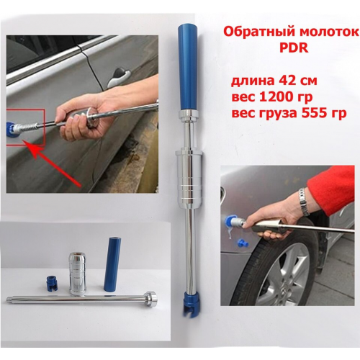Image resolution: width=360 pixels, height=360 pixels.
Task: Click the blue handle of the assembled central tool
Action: [187, 68]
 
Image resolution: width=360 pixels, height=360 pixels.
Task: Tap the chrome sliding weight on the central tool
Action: [189, 178]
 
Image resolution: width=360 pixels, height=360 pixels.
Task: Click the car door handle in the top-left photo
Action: [119, 76]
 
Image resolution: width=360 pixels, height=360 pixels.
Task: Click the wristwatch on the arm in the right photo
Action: [304, 202]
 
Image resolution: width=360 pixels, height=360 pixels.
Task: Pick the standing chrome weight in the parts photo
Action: [77, 273]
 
